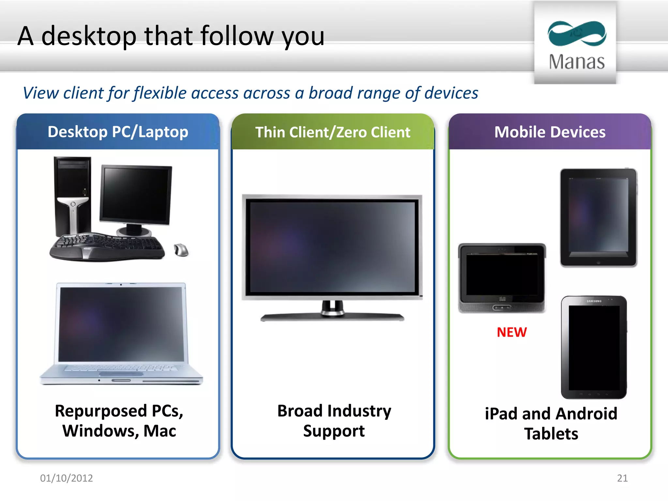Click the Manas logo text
pos(576,62)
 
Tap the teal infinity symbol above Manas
pos(577,34)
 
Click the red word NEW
pos(511,332)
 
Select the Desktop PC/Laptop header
pos(118,132)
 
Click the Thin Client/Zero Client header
pos(332,132)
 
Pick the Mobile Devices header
pos(550,132)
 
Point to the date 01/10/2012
pos(66,478)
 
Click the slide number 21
pos(622,478)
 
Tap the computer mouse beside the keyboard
pos(181,250)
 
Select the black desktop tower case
pos(72,196)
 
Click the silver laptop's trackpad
pos(121,374)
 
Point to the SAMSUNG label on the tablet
pos(594,301)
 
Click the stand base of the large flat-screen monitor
pos(332,317)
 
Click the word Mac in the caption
pos(160,431)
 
